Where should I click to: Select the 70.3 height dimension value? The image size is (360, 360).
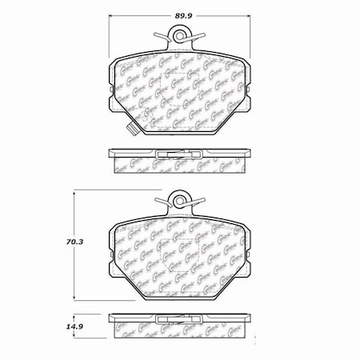tap(53, 238)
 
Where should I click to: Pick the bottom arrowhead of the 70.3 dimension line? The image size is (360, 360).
tap(74, 298)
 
